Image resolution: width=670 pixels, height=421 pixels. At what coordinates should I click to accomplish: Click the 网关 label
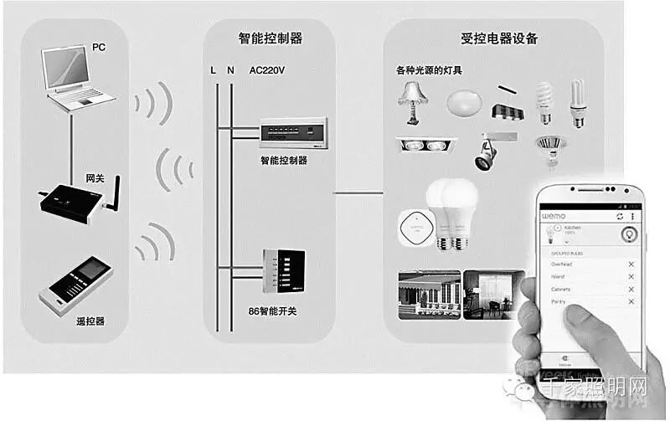click(95, 178)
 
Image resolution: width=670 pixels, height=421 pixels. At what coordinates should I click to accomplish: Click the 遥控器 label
click(89, 321)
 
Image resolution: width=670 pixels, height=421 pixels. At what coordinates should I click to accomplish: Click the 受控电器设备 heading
click(493, 39)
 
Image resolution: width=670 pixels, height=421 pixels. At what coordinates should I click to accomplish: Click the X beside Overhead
click(631, 264)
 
